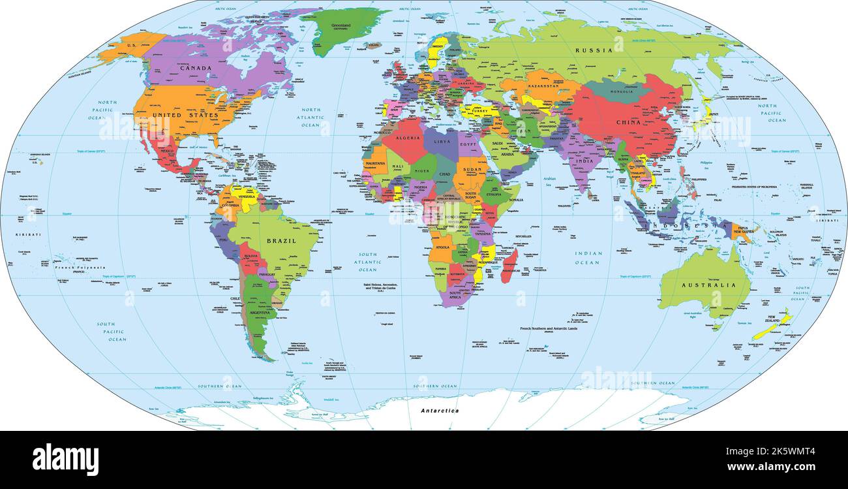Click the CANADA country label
196,68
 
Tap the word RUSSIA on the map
594,50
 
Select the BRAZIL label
281,241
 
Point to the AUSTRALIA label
708,285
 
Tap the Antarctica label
439,411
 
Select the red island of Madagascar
509,264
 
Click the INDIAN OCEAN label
587,258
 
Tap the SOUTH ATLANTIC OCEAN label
367,262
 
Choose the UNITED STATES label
185,115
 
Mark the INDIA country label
584,161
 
